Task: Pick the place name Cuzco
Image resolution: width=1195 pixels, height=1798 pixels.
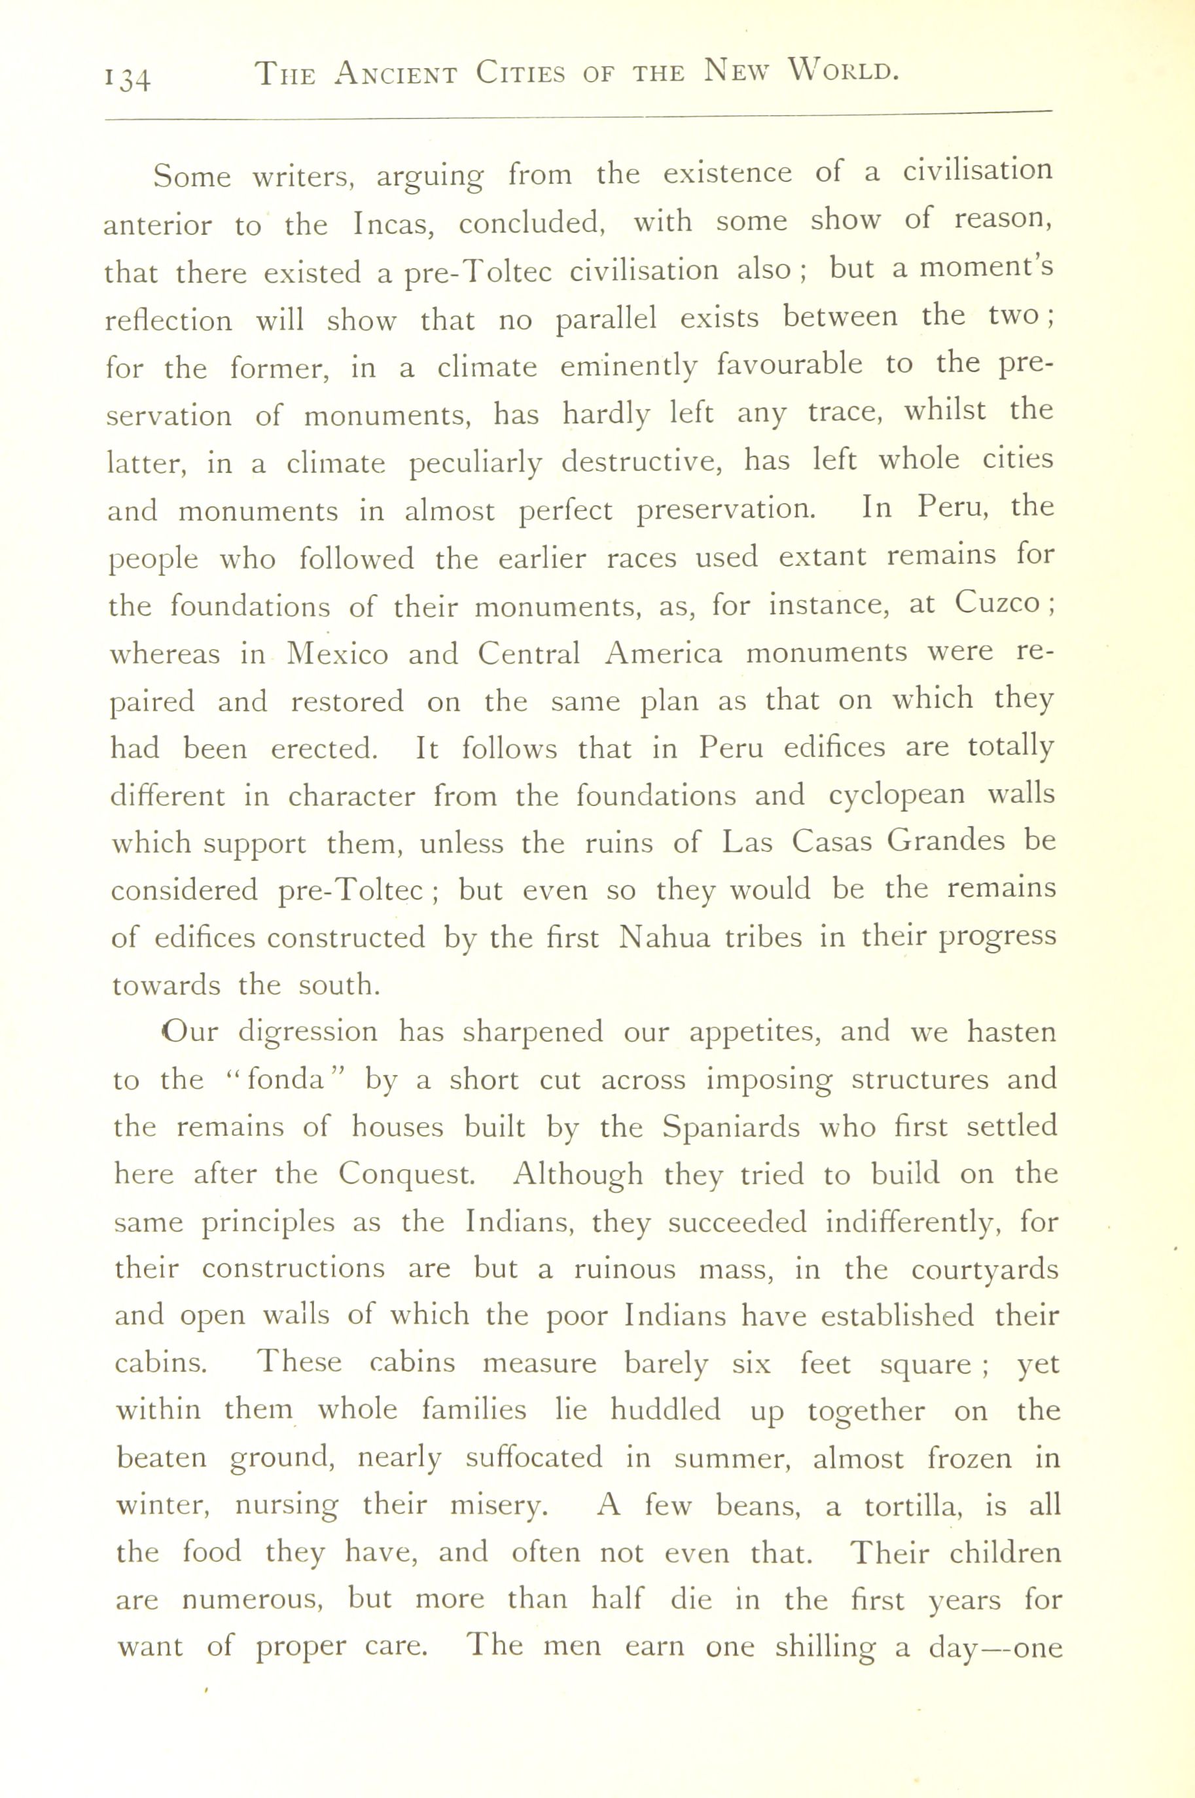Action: (996, 603)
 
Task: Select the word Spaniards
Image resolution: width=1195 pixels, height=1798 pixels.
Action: (731, 1126)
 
